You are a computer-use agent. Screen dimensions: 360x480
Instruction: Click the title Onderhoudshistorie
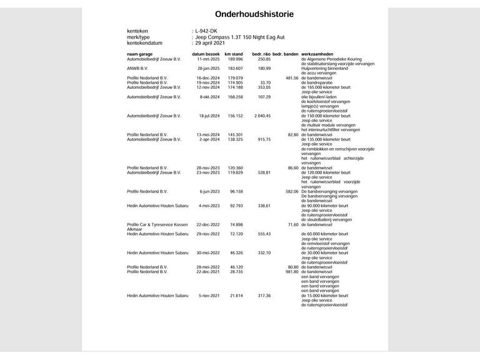241,14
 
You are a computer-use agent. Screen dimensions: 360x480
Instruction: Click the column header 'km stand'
234,54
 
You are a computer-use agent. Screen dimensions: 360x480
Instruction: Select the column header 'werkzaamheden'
321,54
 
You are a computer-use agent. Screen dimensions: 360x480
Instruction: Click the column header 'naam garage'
140,54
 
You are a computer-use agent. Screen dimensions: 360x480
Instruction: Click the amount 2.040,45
261,116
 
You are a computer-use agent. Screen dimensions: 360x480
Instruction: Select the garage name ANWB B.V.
137,68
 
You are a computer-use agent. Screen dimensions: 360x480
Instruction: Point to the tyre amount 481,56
291,77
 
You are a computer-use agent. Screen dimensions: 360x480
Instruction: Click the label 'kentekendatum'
145,43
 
